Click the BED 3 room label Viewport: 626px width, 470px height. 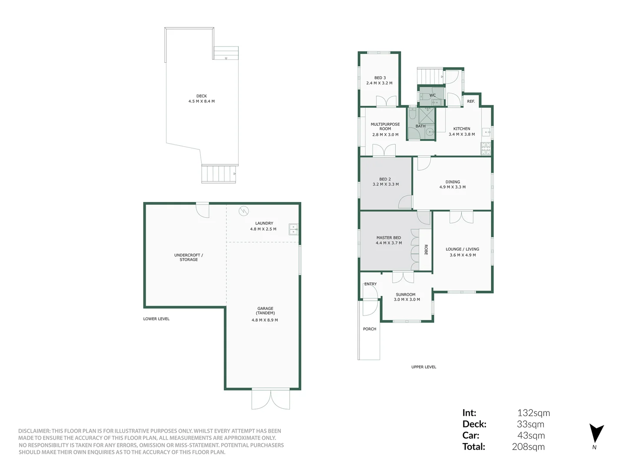380,78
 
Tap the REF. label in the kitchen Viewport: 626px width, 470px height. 471,101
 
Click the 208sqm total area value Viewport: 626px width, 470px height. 528,446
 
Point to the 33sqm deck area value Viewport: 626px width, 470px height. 530,424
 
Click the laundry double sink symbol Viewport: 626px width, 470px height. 294,229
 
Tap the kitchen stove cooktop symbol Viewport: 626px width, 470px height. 486,148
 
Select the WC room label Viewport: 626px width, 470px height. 433,95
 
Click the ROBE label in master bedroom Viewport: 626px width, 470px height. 426,250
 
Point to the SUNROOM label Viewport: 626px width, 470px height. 406,295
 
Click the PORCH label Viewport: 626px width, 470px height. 370,329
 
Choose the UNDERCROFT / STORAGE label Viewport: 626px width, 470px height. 189,257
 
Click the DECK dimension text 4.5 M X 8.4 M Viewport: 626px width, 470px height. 201,101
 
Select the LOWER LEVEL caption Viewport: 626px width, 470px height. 156,319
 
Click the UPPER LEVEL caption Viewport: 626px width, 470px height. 423,367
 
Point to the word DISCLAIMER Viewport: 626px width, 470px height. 34,431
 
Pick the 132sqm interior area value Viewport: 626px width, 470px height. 533,413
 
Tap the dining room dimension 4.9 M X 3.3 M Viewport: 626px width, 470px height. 452,187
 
